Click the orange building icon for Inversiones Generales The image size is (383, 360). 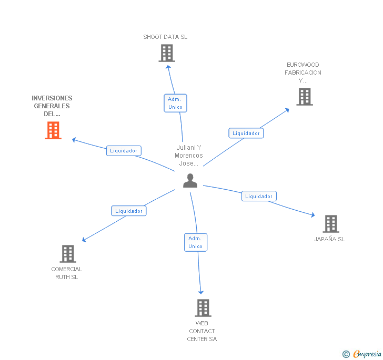click(x=53, y=130)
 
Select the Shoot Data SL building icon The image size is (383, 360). click(x=167, y=53)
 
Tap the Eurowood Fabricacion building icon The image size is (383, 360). click(x=305, y=97)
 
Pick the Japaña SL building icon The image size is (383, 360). click(x=331, y=224)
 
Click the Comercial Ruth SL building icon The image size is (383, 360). click(x=68, y=254)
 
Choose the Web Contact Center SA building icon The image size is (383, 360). click(x=203, y=308)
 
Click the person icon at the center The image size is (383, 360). click(x=190, y=181)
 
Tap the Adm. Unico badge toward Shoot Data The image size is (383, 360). click(x=175, y=103)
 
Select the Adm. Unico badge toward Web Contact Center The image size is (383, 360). click(x=196, y=242)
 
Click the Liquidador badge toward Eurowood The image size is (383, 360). click(x=246, y=133)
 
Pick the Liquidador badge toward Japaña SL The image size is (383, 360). click(x=259, y=196)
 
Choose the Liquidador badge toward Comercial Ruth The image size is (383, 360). click(x=129, y=211)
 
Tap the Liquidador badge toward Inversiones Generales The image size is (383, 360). click(x=124, y=151)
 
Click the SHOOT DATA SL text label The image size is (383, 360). click(x=165, y=37)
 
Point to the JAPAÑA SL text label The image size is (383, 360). click(x=329, y=239)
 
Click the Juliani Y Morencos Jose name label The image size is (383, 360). click(x=189, y=156)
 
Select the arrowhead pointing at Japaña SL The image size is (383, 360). click(x=313, y=215)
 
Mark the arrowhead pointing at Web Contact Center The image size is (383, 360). click(x=201, y=292)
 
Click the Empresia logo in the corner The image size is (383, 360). click(x=367, y=354)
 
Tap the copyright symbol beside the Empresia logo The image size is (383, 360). click(x=346, y=354)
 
